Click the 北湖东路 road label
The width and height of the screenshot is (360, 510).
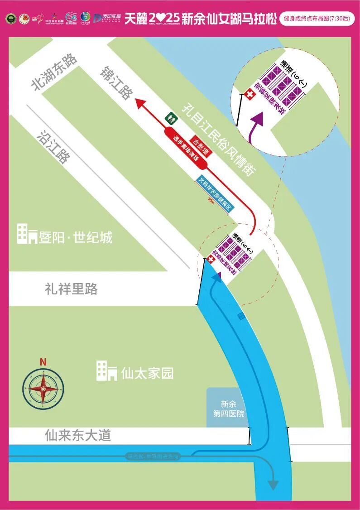pos(54,73)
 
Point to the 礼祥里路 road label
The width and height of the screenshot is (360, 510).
pos(71,289)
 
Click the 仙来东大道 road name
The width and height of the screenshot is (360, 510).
pos(78,436)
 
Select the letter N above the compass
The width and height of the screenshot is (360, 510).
pos(43,362)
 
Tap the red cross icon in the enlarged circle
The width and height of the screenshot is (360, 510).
pos(249,95)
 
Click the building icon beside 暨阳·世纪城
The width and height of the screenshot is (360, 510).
pos(27,234)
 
